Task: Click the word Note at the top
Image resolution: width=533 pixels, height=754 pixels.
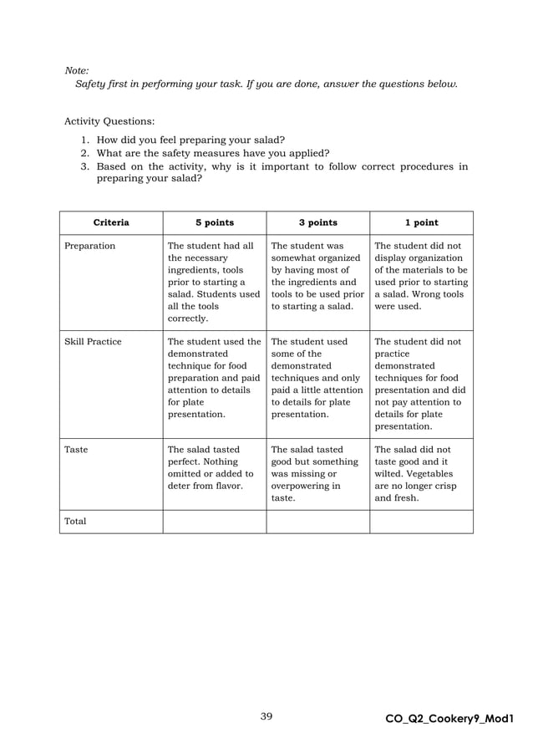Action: click(x=77, y=71)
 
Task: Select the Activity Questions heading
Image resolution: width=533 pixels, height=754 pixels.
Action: click(x=109, y=121)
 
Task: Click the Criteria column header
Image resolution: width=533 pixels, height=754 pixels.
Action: click(x=111, y=223)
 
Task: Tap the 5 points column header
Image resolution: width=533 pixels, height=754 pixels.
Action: click(x=215, y=223)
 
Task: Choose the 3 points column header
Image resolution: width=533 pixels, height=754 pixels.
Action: click(x=318, y=223)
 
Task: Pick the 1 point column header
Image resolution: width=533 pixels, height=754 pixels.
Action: click(x=421, y=223)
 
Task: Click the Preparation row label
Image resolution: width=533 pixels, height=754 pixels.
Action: click(x=90, y=247)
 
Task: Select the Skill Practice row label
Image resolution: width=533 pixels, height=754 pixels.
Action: click(x=93, y=342)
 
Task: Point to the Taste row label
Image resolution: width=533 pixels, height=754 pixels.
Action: click(x=76, y=450)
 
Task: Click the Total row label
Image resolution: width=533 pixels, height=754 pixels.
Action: click(x=76, y=522)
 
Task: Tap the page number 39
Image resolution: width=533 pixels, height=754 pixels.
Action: click(x=266, y=716)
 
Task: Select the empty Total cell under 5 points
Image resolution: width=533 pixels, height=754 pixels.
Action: click(x=215, y=522)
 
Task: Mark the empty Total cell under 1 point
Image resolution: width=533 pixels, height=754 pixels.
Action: click(x=421, y=522)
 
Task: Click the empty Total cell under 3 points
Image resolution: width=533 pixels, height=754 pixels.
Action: click(x=318, y=522)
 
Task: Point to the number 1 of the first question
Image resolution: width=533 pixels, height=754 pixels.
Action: click(x=84, y=140)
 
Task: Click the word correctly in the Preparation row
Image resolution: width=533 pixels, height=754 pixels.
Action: click(x=189, y=319)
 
